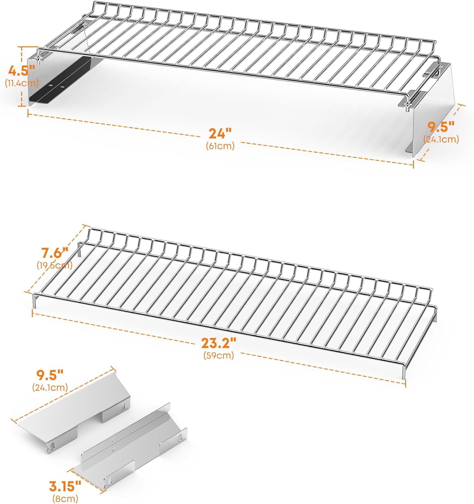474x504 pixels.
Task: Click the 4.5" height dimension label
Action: click(22, 71)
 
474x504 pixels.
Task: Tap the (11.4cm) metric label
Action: click(22, 83)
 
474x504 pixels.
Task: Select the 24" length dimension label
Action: click(220, 133)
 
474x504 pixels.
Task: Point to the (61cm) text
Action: click(220, 146)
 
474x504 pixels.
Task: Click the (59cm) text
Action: click(218, 355)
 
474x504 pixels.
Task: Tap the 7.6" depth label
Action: click(55, 253)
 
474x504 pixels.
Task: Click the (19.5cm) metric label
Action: click(55, 265)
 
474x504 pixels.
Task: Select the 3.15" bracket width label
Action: click(65, 486)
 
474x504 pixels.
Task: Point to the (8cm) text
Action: click(65, 499)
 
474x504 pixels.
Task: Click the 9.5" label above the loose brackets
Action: click(50, 375)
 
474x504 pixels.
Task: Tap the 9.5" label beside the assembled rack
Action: click(441, 127)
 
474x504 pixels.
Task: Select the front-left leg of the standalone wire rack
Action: click(34, 301)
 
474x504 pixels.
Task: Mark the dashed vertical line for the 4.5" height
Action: click(22, 77)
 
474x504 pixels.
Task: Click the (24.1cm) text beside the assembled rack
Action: click(441, 139)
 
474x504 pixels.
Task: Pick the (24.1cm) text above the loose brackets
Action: click(50, 387)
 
